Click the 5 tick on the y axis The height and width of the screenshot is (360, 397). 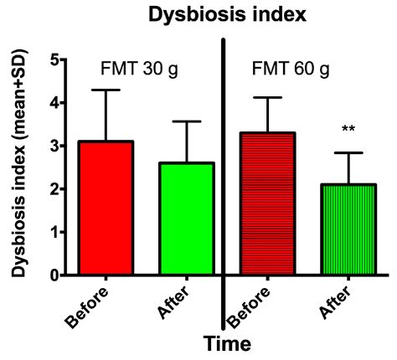[x=54, y=60]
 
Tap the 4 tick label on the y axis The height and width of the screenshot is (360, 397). [x=54, y=104]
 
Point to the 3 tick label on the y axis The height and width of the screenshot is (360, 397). [x=54, y=147]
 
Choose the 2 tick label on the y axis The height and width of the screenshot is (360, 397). [x=54, y=189]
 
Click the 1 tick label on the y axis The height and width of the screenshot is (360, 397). [x=54, y=232]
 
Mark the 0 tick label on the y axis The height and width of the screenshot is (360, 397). [x=54, y=275]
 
